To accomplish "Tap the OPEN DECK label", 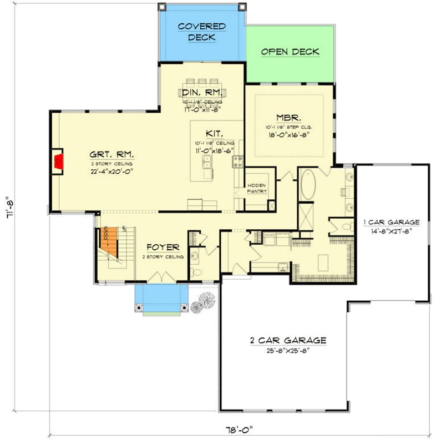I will click(x=290, y=52).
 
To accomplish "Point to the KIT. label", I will click(x=214, y=133).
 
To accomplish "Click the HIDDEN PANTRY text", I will click(x=257, y=188).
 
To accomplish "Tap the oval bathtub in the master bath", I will click(x=308, y=185).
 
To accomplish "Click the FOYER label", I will click(x=163, y=247).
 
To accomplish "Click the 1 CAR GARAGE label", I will click(x=391, y=222).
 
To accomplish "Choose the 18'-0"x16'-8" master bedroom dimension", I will click(x=288, y=133).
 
